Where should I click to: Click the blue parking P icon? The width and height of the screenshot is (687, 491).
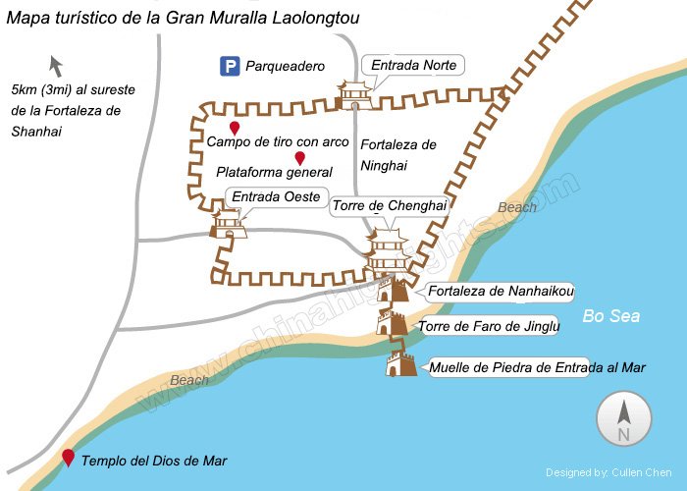[230, 67]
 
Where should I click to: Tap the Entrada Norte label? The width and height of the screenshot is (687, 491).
[412, 66]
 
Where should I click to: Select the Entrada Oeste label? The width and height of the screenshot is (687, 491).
[275, 197]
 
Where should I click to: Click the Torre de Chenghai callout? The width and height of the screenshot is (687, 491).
[390, 206]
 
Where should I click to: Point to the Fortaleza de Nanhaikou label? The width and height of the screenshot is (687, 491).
[501, 291]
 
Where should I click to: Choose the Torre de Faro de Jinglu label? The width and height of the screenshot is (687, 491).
[488, 326]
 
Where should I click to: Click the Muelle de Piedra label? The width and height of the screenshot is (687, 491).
[537, 368]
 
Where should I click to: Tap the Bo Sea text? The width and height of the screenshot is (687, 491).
[610, 316]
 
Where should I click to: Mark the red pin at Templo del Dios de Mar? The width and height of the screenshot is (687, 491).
[68, 457]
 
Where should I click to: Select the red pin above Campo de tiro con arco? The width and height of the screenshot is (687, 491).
[235, 129]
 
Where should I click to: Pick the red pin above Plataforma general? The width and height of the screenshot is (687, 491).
[299, 158]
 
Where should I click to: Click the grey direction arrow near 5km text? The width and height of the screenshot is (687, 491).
[56, 67]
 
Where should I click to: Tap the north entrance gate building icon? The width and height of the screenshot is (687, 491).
[354, 94]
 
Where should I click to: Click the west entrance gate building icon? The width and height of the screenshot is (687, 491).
[228, 225]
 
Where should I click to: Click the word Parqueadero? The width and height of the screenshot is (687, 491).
[285, 67]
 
